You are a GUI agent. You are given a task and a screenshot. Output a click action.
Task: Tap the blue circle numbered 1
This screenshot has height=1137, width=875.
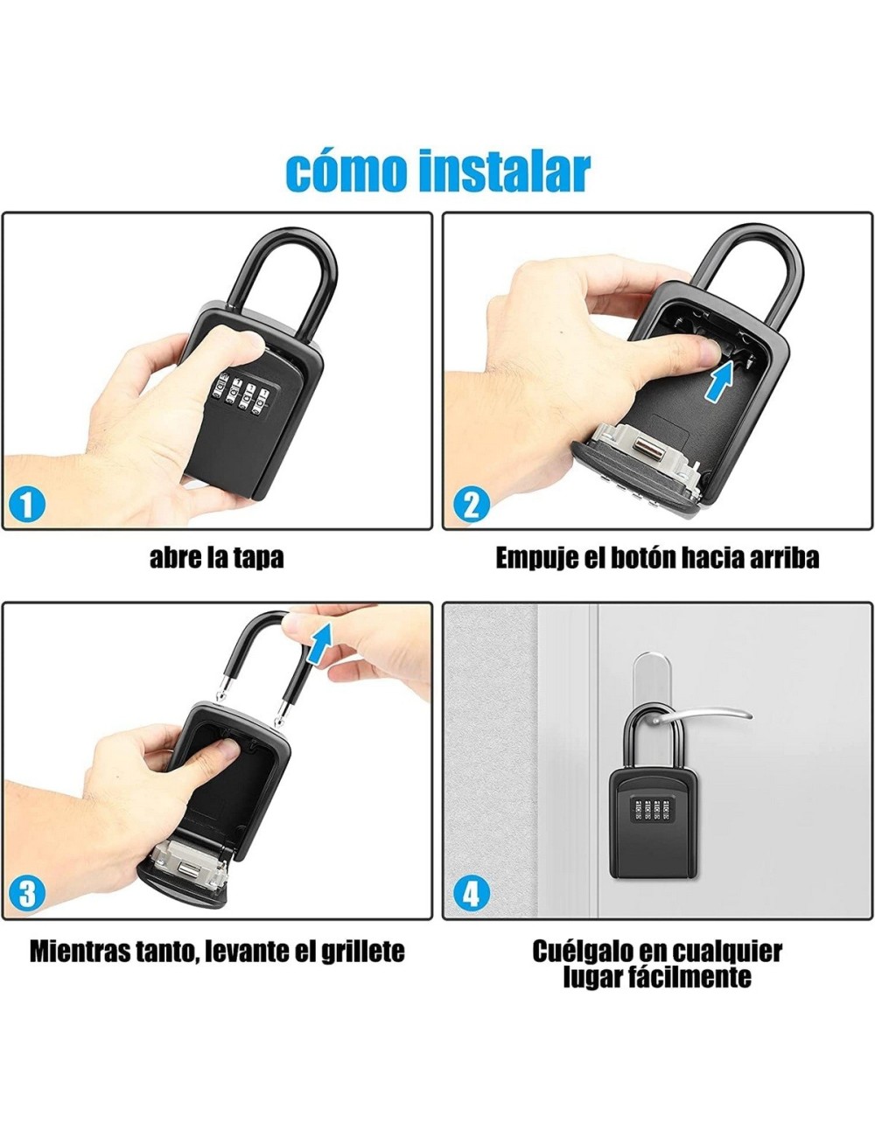pyautogui.click(x=27, y=505)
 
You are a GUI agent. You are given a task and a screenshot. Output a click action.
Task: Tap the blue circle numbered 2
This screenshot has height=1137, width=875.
pyautogui.click(x=471, y=505)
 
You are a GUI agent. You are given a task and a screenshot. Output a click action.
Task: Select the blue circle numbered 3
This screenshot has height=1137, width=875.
pyautogui.click(x=27, y=894)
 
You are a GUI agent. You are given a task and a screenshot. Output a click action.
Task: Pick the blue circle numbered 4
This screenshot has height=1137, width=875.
pyautogui.click(x=471, y=894)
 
